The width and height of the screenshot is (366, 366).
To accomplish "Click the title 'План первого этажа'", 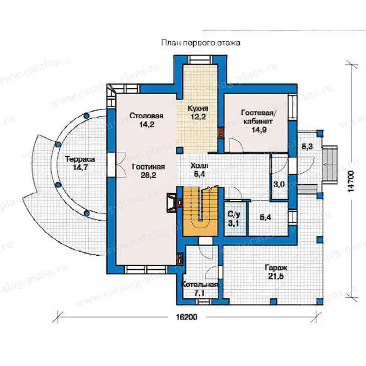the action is coord(201,43).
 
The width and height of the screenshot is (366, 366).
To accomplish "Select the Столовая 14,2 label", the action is coord(146,120).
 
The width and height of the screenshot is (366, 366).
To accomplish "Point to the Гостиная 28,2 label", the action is coord(148,171).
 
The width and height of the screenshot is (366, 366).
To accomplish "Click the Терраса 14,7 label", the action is coord(80,163).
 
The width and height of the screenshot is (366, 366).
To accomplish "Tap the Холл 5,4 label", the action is coord(199,170).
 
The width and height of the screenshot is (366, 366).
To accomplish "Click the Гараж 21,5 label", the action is coord(276,272).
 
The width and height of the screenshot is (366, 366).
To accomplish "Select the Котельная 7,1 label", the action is coord(199,289).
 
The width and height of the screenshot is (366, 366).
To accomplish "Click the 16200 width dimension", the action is coord(186,317).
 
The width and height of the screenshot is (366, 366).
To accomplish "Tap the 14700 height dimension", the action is coord(351,181).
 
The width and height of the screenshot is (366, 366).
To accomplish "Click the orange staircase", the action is coord(200,211).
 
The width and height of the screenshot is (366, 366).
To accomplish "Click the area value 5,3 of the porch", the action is coord(307,146).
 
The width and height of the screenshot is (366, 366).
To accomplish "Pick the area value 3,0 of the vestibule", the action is coord(279,184).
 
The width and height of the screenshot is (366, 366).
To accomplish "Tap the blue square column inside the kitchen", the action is coord(179,151).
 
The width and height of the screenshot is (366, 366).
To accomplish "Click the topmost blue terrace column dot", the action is coord(86,115).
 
